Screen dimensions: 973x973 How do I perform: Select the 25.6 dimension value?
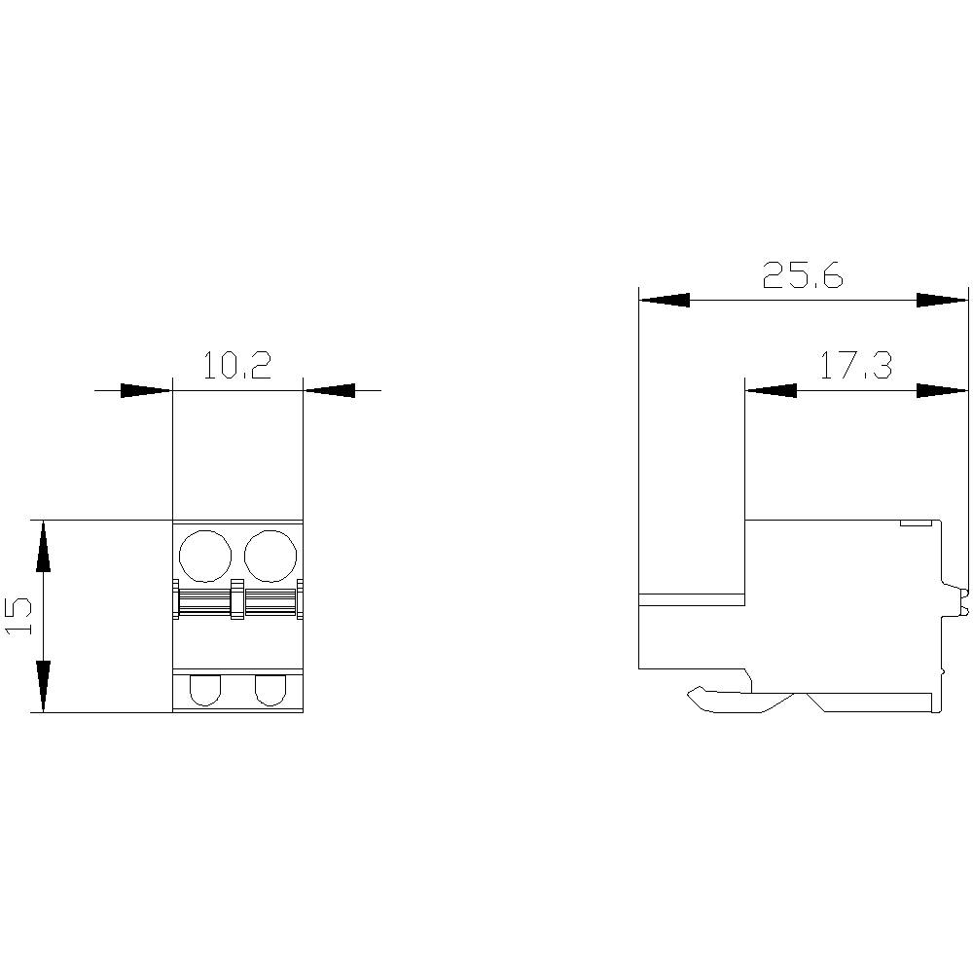pyautogui.click(x=803, y=276)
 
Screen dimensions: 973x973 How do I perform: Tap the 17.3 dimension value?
pyautogui.click(x=855, y=366)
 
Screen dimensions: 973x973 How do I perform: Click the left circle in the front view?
pyautogui.click(x=205, y=556)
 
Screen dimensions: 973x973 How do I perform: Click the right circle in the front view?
pyautogui.click(x=270, y=556)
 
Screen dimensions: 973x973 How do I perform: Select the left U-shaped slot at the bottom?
pyautogui.click(x=205, y=690)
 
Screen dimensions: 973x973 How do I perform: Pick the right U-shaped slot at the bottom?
pyautogui.click(x=270, y=690)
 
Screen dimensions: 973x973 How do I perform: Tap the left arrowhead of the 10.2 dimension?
pyautogui.click(x=146, y=390)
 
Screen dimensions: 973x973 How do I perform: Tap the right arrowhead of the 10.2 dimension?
pyautogui.click(x=329, y=390)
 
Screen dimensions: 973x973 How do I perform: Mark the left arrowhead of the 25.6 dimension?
pyautogui.click(x=664, y=301)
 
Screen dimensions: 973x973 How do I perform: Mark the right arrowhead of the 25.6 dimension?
pyautogui.click(x=943, y=301)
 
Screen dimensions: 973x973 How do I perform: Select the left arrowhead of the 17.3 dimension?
pyautogui.click(x=770, y=390)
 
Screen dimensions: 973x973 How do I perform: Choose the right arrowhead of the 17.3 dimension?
pyautogui.click(x=943, y=390)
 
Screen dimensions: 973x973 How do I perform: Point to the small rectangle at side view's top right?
pyautogui.click(x=914, y=523)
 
